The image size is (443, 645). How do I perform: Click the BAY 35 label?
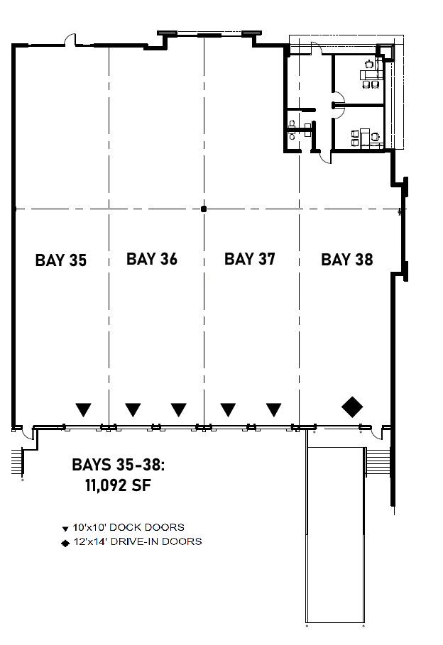(x=60, y=260)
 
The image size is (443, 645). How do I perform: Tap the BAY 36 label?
(x=151, y=259)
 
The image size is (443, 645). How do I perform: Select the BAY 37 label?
(x=249, y=259)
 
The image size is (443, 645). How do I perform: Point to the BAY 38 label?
(x=346, y=260)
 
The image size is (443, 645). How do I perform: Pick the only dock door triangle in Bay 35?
(x=84, y=409)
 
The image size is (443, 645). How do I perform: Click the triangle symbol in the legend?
(x=65, y=529)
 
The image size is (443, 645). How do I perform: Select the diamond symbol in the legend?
(x=65, y=542)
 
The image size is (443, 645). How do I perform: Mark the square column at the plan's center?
(x=204, y=209)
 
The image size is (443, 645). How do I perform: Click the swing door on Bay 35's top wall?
(x=70, y=40)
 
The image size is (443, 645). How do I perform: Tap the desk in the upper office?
(x=370, y=73)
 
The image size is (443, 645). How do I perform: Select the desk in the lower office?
(x=364, y=136)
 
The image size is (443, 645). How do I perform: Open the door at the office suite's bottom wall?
(x=323, y=155)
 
